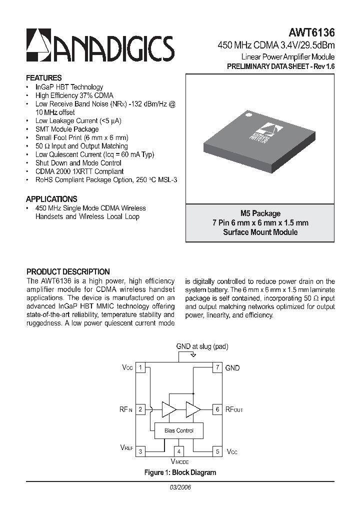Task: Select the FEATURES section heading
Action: pos(44,78)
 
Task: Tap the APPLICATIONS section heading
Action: pos(51,198)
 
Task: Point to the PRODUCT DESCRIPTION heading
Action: pos(68,271)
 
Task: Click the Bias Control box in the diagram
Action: pos(178,430)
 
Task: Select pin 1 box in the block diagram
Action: pos(141,368)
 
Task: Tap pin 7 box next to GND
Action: pos(217,368)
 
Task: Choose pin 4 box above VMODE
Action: pos(178,451)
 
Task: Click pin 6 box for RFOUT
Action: pos(217,409)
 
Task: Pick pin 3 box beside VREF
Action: pos(141,451)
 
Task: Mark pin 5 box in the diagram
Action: pos(217,451)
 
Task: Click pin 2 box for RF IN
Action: pos(141,409)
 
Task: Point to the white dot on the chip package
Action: pos(247,116)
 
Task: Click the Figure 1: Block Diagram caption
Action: pos(180,472)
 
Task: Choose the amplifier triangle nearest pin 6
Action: pos(192,409)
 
